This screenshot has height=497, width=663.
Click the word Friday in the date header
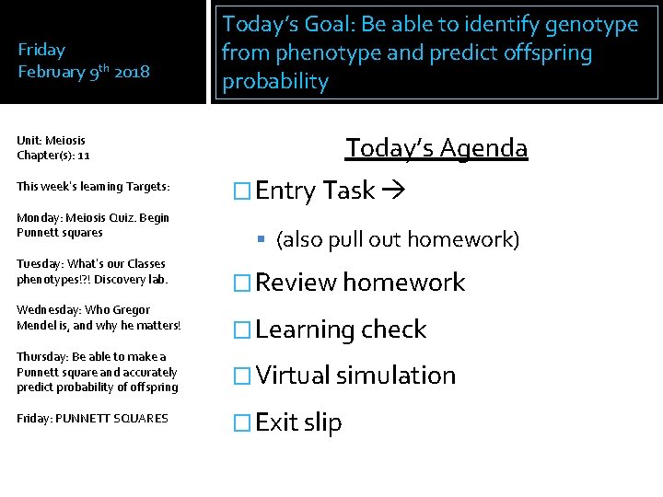point(41,50)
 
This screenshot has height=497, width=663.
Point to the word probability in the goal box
point(274,81)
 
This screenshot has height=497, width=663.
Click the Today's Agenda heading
point(436,147)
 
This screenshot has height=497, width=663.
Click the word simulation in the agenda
point(396,376)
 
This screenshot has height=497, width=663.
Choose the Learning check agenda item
point(341,329)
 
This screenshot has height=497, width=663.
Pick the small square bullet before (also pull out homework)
point(262,240)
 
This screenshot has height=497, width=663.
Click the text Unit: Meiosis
point(51,141)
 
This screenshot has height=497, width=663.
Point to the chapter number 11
point(83,156)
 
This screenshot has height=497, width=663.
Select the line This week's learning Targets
point(93,186)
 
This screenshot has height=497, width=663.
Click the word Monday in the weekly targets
point(37,218)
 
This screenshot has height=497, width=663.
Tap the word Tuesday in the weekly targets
point(38,264)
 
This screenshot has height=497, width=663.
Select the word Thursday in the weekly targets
point(40,356)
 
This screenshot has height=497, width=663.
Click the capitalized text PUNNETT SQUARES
point(111,419)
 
